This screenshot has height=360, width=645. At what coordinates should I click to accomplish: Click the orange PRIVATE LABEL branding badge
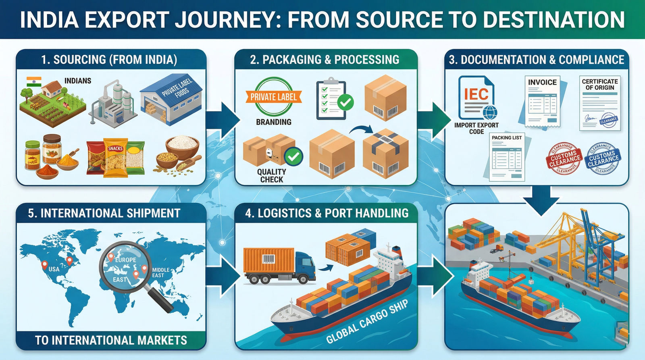[274, 97]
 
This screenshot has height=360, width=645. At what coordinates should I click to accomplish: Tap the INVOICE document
[542, 101]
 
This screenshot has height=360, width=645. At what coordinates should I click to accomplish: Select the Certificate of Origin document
[599, 103]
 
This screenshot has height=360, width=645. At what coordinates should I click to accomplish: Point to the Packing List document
[507, 157]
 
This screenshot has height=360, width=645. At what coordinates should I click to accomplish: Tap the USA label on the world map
[54, 269]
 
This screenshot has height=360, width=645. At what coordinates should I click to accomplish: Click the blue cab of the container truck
[305, 266]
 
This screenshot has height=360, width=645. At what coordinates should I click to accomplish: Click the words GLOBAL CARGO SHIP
[366, 322]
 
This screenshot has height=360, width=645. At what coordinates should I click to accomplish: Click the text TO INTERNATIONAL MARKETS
[111, 340]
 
